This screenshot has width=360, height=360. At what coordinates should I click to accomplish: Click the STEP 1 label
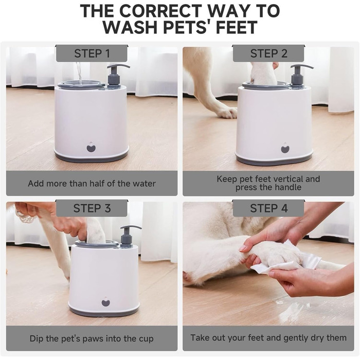pos(92,53)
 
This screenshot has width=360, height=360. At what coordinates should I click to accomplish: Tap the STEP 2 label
pos(268,53)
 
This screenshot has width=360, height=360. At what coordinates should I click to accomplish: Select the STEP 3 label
pos(92,208)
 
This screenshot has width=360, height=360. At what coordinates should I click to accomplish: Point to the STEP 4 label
pos(268,208)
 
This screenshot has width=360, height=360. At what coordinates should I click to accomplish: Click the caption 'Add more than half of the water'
pos(92,184)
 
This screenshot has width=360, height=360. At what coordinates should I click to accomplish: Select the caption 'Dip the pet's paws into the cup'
pos(92,338)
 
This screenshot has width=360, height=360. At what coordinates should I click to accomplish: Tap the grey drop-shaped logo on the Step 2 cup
pos(285,148)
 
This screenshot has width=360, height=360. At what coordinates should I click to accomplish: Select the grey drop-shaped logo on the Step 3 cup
pos(105,302)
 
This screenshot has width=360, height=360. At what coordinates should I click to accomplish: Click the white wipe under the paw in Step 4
pos(287,262)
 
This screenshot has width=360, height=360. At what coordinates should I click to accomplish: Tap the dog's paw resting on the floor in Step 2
pos(226,113)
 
